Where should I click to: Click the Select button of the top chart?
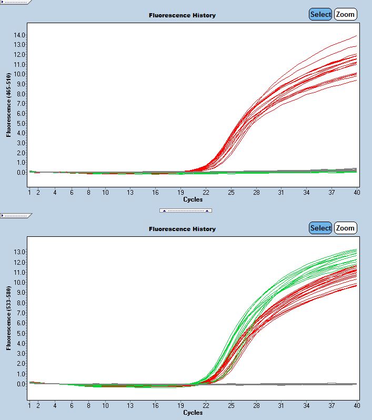(320, 15)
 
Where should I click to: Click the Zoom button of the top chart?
(345, 15)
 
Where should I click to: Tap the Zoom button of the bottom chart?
(345, 228)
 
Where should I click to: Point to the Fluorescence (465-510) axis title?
(9, 105)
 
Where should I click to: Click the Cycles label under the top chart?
(193, 199)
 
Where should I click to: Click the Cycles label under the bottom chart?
(193, 413)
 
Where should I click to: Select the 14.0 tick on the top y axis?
(20, 35)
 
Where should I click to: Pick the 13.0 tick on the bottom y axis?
(20, 252)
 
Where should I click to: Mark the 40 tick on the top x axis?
(357, 193)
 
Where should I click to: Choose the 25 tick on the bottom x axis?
(231, 406)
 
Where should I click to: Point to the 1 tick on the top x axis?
(29, 193)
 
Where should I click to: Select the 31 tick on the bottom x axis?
(281, 406)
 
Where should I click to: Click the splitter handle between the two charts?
(186, 210)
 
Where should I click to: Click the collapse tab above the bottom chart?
(16, 215)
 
